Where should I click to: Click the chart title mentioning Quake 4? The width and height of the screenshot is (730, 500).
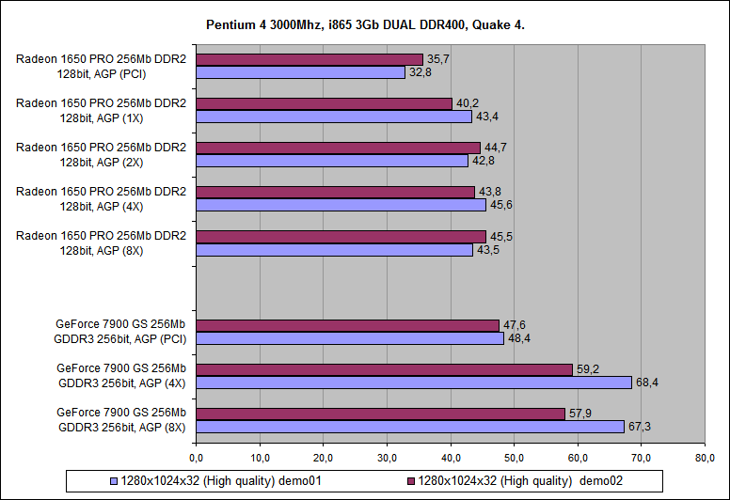click(365, 23)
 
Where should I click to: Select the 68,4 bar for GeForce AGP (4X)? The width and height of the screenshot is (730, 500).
click(414, 383)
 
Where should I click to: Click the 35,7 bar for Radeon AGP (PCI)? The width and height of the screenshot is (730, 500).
click(309, 59)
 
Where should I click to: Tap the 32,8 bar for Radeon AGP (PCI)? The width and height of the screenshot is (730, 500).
click(300, 71)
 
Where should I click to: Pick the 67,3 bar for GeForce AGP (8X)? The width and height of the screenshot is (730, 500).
click(410, 427)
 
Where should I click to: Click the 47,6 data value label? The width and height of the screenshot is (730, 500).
click(513, 325)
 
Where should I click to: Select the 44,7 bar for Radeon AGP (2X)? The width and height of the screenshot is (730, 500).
click(339, 148)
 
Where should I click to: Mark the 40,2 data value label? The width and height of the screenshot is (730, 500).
click(467, 103)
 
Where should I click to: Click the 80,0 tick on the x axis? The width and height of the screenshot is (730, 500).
click(705, 458)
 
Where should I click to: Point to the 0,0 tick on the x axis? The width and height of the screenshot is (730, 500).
click(197, 458)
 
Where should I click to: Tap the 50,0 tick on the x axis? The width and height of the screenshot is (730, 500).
click(515, 458)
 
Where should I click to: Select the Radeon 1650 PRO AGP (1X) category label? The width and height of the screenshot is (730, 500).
click(101, 110)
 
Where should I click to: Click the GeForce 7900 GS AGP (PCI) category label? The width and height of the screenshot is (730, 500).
click(121, 332)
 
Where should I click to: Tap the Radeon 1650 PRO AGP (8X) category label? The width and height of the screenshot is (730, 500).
click(101, 242)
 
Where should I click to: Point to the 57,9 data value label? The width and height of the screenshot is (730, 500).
click(579, 414)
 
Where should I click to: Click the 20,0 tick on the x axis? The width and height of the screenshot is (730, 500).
click(324, 458)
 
